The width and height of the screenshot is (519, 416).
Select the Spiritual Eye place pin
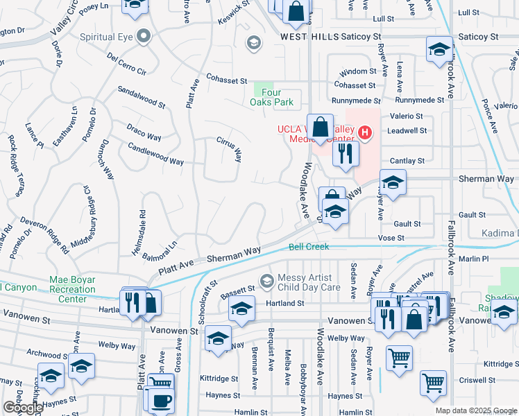(x=144, y=36)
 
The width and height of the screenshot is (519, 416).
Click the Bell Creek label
(x=308, y=247)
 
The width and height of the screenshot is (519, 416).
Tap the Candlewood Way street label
(x=156, y=153)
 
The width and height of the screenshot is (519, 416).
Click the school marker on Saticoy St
(x=439, y=50)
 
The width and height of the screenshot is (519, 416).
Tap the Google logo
(x=22, y=408)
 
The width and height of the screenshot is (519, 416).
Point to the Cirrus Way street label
(x=228, y=144)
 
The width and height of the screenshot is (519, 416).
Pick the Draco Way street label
(x=144, y=131)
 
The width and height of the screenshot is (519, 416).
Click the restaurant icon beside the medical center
(x=346, y=153)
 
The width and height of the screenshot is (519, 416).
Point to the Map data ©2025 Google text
(x=475, y=410)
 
